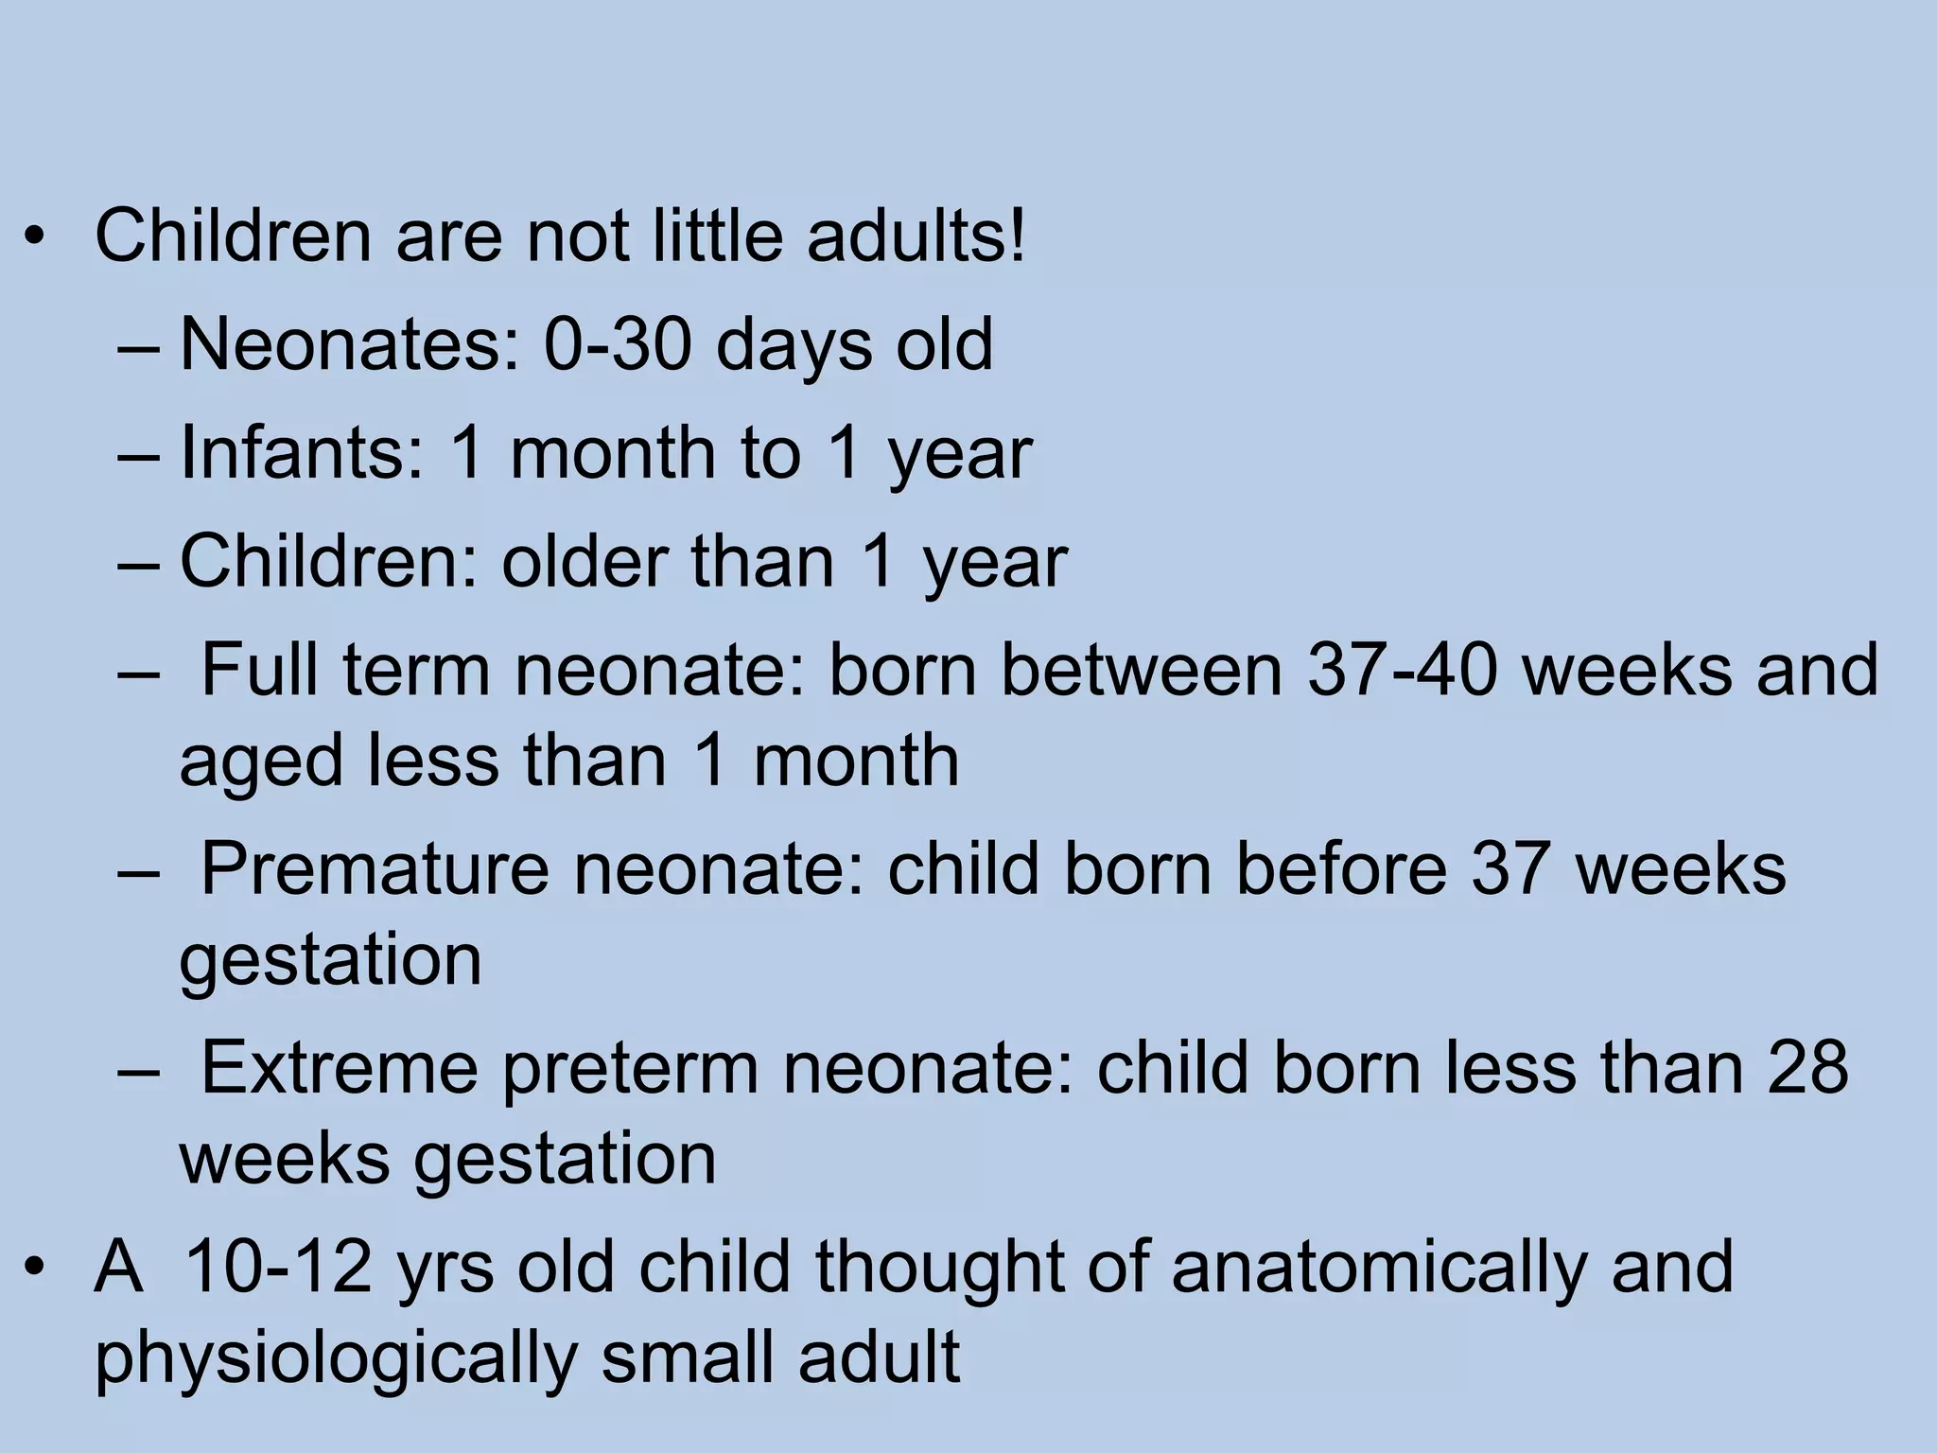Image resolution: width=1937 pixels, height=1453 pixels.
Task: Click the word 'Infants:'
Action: [302, 452]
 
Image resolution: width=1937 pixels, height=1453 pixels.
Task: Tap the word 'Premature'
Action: [375, 868]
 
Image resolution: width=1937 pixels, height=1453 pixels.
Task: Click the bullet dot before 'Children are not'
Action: [35, 236]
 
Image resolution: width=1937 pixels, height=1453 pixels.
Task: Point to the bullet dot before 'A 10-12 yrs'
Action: [35, 1268]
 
